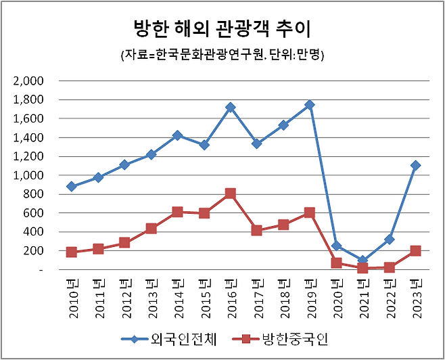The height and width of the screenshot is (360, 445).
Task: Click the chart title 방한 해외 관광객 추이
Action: [x=222, y=29]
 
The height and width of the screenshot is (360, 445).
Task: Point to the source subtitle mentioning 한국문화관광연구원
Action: [x=222, y=55]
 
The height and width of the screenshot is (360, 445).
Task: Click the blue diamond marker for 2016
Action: [x=230, y=107]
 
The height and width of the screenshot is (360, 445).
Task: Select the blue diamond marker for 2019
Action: [x=310, y=105]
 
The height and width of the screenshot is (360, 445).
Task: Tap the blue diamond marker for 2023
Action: [x=415, y=165]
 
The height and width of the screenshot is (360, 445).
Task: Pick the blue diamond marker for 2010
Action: [x=72, y=186]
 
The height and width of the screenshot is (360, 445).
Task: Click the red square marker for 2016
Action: [x=230, y=194]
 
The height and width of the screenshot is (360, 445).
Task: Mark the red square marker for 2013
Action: [x=151, y=228]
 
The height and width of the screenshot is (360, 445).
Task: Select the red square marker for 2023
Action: [x=415, y=250]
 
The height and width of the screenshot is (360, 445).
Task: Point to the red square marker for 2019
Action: [x=310, y=212]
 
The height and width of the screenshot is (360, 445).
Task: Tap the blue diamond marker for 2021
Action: [x=362, y=261]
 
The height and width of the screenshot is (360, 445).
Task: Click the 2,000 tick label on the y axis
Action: [x=28, y=81]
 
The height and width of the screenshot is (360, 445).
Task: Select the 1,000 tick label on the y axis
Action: [x=28, y=175]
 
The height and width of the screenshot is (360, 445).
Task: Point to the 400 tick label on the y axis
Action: [x=33, y=232]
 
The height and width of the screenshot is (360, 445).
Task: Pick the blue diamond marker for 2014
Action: [x=177, y=135]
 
